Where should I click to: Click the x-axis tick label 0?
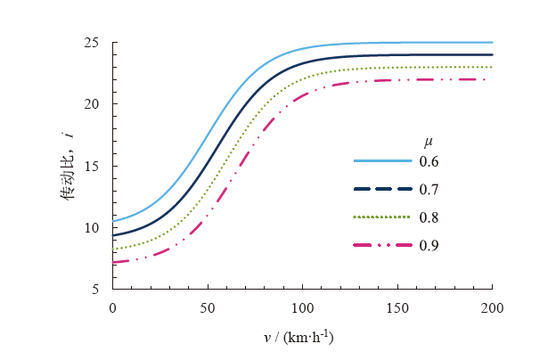[113, 307]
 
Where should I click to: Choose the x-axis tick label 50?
[208, 307]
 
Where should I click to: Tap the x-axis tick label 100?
[303, 307]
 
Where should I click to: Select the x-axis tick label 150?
[397, 307]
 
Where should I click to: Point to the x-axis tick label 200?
[492, 307]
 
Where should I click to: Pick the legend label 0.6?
[429, 161]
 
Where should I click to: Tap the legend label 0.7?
[429, 189]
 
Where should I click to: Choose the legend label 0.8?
[429, 217]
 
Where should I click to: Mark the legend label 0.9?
[429, 244]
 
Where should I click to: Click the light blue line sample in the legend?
[382, 161]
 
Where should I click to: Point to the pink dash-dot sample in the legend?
[382, 244]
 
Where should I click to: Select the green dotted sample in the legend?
[382, 217]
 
